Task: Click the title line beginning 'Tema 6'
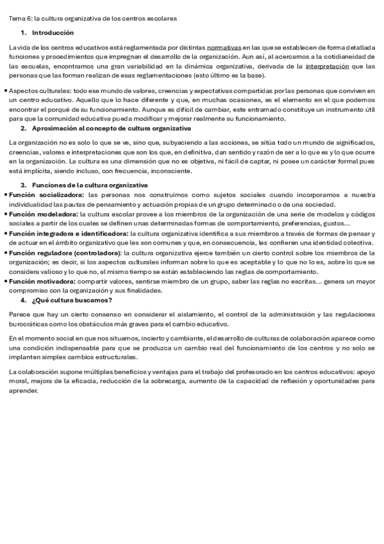(92, 18)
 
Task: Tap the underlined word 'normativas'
(224, 47)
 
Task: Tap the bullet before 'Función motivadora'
(6, 281)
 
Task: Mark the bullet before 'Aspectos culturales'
(6, 91)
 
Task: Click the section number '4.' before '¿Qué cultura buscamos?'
(24, 300)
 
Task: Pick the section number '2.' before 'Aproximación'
(24, 128)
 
